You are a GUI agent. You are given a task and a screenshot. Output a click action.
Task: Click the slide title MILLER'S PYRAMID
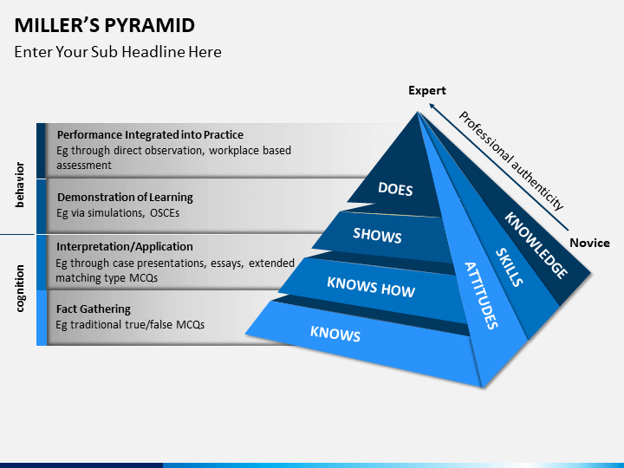(105, 25)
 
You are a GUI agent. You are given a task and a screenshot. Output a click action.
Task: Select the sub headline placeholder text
(118, 52)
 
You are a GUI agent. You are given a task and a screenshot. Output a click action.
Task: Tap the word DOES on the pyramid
(395, 189)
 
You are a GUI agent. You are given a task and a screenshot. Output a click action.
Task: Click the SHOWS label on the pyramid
(377, 235)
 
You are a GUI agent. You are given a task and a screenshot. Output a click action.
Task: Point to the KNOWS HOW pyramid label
(371, 287)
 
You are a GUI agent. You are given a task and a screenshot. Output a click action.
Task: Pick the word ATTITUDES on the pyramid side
(482, 296)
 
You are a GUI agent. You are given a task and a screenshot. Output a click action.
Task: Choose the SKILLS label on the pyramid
(510, 267)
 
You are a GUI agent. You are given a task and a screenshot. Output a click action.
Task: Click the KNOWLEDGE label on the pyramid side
(536, 245)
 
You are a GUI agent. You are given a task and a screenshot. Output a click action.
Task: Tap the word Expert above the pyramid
(427, 91)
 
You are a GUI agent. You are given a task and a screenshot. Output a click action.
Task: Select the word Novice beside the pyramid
(590, 243)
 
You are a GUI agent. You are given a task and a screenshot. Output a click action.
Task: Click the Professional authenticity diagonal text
(511, 160)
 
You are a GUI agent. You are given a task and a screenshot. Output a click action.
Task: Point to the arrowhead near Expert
(432, 107)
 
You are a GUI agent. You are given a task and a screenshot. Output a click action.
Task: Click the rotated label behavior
(19, 185)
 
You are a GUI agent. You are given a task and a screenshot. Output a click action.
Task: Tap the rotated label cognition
(19, 289)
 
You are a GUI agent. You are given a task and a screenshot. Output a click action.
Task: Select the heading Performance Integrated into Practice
(150, 135)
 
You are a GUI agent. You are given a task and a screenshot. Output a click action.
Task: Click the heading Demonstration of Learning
(125, 198)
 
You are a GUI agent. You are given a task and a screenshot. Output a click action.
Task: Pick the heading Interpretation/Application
(125, 247)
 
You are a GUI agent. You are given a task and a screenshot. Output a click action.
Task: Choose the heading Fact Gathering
(94, 309)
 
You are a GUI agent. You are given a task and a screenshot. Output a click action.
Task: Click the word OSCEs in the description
(165, 213)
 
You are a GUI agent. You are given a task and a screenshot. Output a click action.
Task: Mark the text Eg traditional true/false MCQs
(130, 325)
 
